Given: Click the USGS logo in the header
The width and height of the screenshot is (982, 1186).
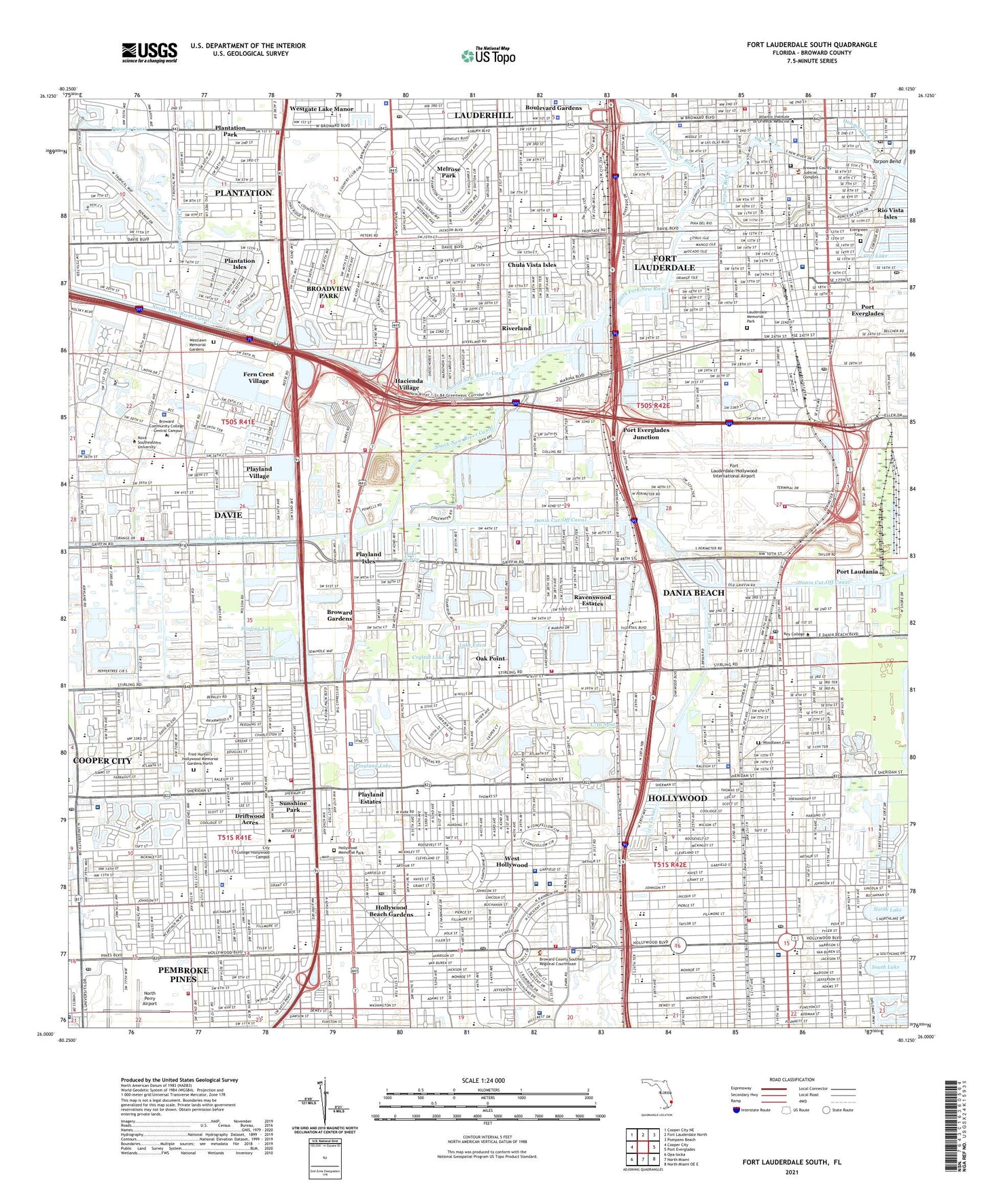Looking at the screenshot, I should (x=150, y=52).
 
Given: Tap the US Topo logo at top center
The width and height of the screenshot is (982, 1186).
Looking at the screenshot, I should (x=488, y=56).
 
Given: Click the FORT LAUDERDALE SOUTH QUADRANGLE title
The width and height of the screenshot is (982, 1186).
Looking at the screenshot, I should (x=811, y=45).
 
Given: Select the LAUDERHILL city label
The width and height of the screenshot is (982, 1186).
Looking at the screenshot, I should (x=483, y=115).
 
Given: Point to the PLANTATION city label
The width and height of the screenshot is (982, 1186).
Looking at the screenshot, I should (x=243, y=193).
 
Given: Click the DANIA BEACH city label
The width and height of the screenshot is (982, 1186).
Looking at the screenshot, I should (x=693, y=592).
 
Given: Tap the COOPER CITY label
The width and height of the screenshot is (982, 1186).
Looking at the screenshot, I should (x=102, y=761).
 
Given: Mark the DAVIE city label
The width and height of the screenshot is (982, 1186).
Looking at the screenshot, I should (x=228, y=515).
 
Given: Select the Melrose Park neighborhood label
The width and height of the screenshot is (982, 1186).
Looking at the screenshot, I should (x=449, y=172).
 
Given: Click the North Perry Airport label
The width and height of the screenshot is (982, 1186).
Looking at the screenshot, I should (x=149, y=998).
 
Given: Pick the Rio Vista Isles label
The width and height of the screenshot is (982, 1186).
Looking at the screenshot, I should (x=890, y=214).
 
